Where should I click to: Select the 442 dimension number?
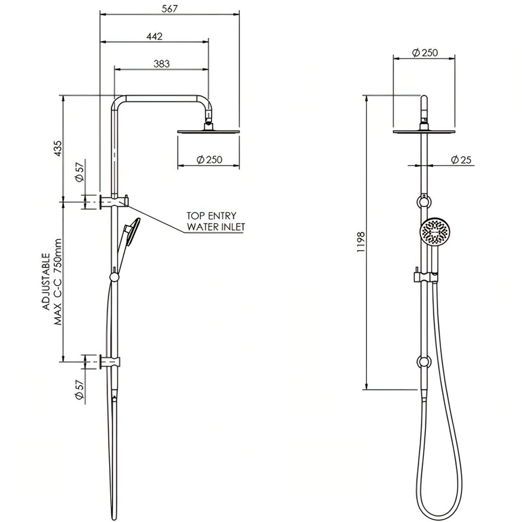click(x=154, y=36)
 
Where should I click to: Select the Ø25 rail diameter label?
click(x=461, y=160)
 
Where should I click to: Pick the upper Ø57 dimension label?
click(x=80, y=171)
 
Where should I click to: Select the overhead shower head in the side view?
click(x=209, y=131)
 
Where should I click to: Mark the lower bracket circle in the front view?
click(x=423, y=362)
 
